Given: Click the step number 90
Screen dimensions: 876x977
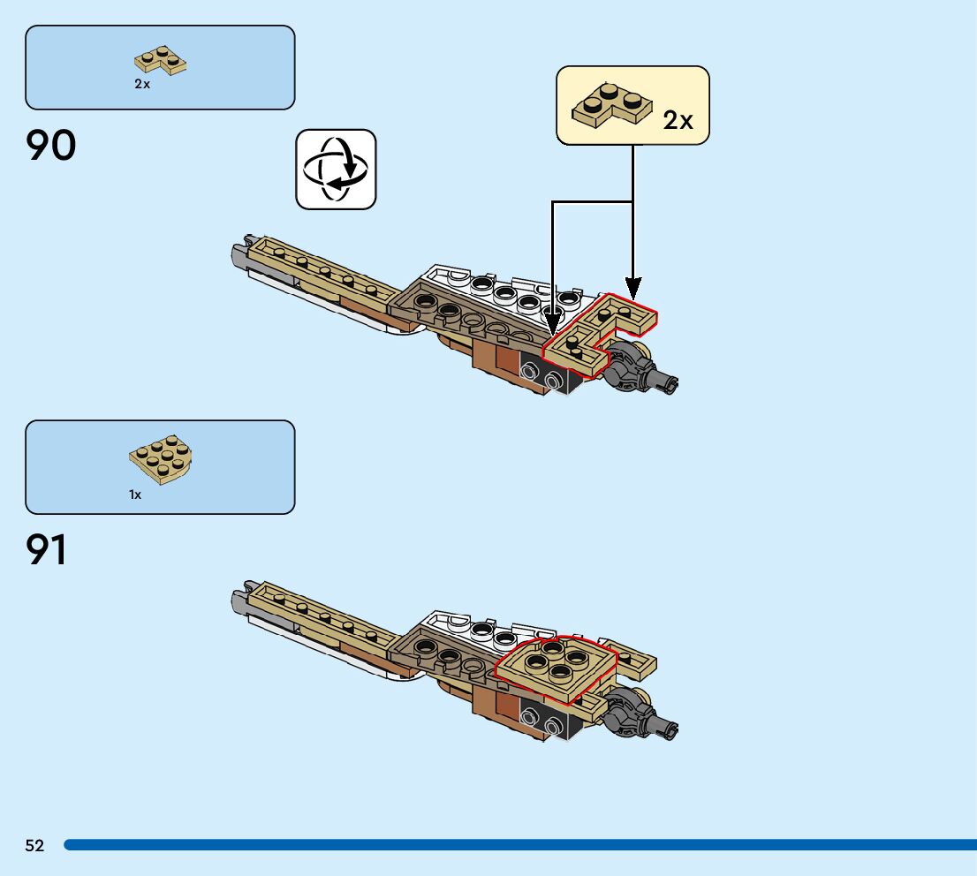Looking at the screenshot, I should pyautogui.click(x=51, y=146).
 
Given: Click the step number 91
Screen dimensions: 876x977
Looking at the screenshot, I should pyautogui.click(x=48, y=550).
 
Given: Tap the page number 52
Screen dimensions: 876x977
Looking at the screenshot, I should pyautogui.click(x=34, y=846).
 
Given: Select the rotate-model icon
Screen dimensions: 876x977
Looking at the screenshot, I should pyautogui.click(x=336, y=170).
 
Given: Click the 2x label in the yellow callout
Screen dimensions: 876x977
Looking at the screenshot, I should pyautogui.click(x=678, y=121).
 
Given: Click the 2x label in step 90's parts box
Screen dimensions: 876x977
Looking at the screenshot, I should pyautogui.click(x=142, y=84).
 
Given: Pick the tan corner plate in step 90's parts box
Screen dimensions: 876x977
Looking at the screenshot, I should pyautogui.click(x=160, y=59).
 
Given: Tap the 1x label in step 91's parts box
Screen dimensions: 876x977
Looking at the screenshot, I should pyautogui.click(x=135, y=495).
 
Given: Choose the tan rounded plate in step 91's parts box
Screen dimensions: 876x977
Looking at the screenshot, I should pyautogui.click(x=163, y=461).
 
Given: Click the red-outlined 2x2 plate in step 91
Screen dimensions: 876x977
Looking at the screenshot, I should pyautogui.click(x=554, y=666).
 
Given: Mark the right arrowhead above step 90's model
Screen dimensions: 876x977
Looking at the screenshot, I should pyautogui.click(x=632, y=288).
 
